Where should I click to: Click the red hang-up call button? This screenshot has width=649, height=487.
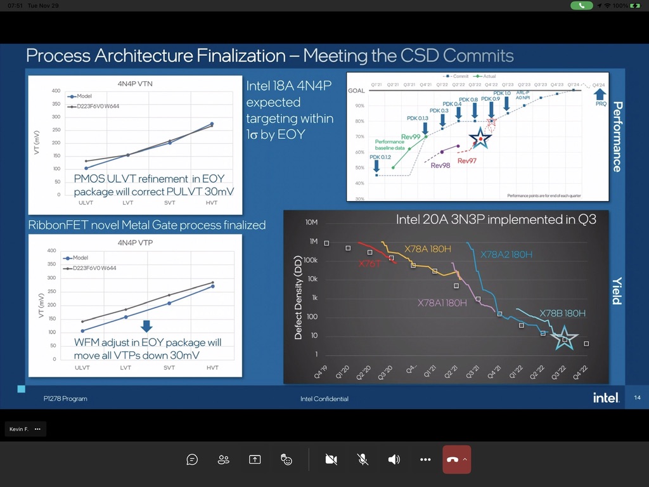pyautogui.click(x=452, y=460)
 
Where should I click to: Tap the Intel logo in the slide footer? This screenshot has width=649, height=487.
pyautogui.click(x=605, y=398)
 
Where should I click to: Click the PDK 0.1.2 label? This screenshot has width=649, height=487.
pyautogui.click(x=380, y=157)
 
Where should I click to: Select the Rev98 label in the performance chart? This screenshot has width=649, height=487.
pyautogui.click(x=440, y=166)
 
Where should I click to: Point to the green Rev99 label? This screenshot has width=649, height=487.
pyautogui.click(x=411, y=137)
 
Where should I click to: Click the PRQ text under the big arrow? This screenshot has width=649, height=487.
pyautogui.click(x=601, y=104)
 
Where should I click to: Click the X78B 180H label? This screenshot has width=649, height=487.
pyautogui.click(x=562, y=313)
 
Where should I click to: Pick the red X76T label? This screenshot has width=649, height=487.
pyautogui.click(x=369, y=263)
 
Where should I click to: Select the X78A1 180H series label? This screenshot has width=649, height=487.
pyautogui.click(x=442, y=303)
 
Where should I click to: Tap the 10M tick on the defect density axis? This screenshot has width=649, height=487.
pyautogui.click(x=311, y=223)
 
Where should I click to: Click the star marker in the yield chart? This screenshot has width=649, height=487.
pyautogui.click(x=564, y=339)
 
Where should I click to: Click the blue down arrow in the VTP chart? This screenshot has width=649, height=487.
pyautogui.click(x=146, y=326)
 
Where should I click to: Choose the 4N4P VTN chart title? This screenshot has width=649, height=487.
pyautogui.click(x=135, y=82)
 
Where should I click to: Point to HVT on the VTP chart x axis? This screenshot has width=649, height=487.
pyautogui.click(x=212, y=368)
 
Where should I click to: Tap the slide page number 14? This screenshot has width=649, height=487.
pyautogui.click(x=637, y=398)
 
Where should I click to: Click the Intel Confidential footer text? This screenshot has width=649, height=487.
pyautogui.click(x=324, y=399)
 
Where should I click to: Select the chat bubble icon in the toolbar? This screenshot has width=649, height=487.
pyautogui.click(x=192, y=460)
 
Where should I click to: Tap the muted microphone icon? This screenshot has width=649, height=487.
pyautogui.click(x=363, y=460)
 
